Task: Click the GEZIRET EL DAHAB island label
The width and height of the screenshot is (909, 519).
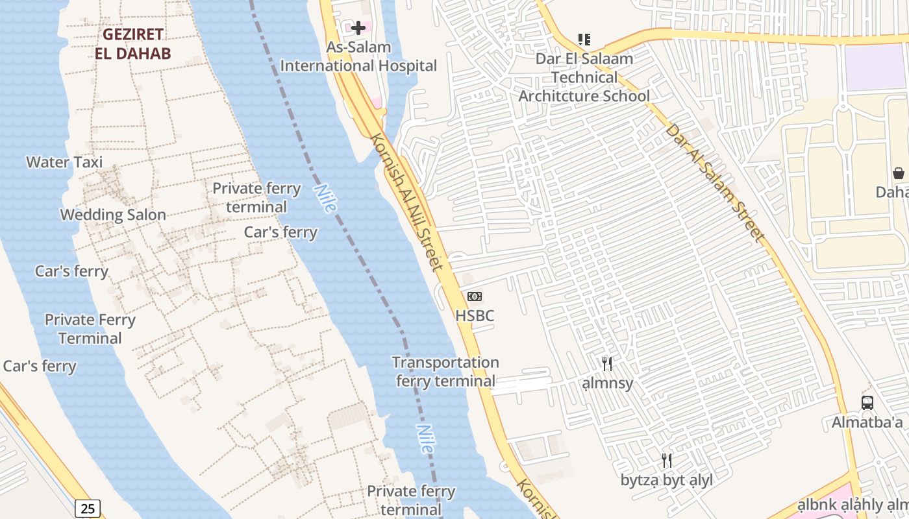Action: tap(132, 43)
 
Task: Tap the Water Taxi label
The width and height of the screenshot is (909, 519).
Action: tap(64, 162)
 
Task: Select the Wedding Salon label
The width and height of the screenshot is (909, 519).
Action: tap(113, 215)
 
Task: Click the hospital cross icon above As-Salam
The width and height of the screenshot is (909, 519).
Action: tap(358, 28)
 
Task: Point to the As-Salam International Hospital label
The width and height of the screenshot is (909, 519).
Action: tap(358, 56)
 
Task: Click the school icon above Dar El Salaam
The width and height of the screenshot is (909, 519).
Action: tap(584, 40)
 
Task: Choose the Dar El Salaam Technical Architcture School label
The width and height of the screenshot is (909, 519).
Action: tap(584, 77)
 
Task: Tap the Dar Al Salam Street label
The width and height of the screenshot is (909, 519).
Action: tap(715, 182)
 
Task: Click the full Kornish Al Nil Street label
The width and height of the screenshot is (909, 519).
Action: tap(407, 202)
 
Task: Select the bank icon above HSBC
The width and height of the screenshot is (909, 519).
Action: tap(475, 296)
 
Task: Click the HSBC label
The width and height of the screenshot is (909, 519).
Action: tap(475, 316)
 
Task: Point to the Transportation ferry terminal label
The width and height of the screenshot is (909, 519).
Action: tap(445, 372)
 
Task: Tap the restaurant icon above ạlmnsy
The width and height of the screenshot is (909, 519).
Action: tap(607, 364)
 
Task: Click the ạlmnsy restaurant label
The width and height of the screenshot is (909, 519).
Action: tap(607, 383)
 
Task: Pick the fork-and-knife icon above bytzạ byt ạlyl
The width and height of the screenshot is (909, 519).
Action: tap(667, 461)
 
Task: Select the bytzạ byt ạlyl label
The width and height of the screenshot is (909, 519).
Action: tap(667, 481)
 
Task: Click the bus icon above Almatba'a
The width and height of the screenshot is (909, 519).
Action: tap(867, 403)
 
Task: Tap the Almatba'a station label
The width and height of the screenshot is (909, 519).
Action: tap(867, 423)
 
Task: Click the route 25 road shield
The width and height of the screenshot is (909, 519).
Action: tap(88, 508)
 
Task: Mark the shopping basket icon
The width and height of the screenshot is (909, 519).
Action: tap(899, 173)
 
